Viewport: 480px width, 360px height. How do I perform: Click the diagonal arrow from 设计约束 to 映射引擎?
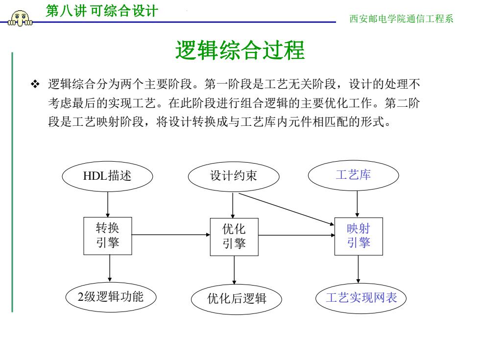click(286, 209)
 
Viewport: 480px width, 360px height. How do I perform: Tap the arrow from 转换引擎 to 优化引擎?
click(171, 235)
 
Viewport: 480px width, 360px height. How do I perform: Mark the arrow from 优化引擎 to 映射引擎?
click(296, 235)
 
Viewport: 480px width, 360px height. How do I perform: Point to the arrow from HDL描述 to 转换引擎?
click(108, 205)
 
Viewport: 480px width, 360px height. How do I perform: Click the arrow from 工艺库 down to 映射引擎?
click(357, 204)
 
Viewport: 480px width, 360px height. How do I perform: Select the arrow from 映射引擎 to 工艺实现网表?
click(358, 269)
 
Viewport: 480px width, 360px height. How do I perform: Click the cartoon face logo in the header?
click(21, 19)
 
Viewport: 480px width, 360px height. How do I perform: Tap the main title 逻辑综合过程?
click(240, 50)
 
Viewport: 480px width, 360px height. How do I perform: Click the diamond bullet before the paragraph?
click(35, 84)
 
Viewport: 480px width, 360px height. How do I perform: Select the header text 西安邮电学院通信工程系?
click(401, 19)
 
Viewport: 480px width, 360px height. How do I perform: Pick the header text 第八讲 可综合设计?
click(102, 11)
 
